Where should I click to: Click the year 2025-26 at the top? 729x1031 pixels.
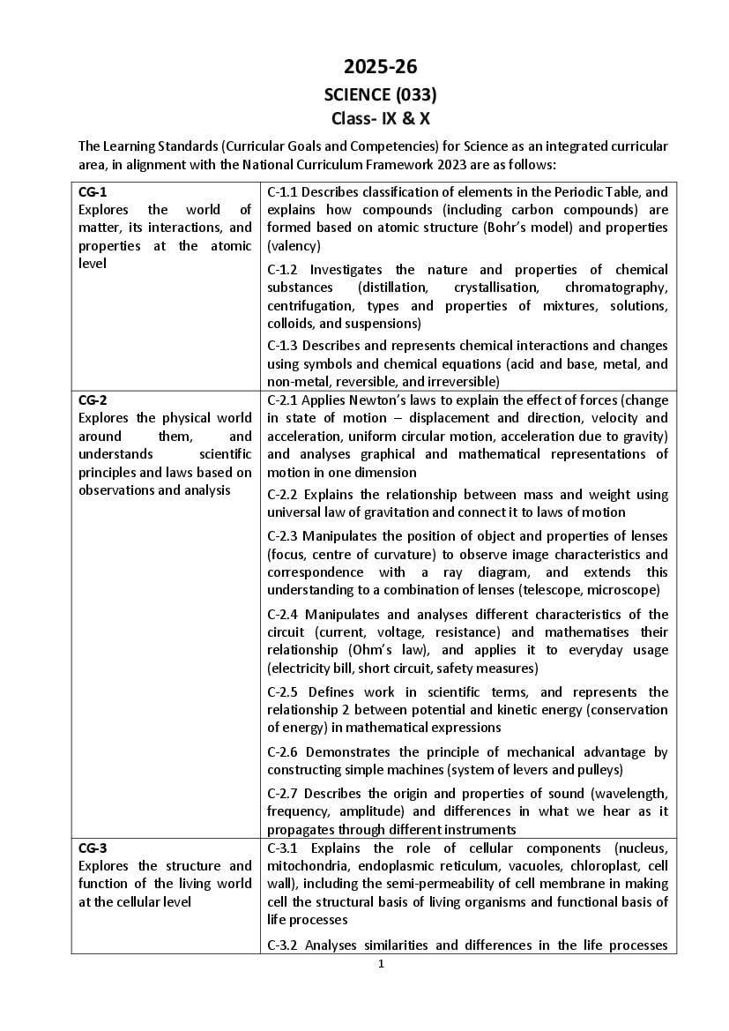380,67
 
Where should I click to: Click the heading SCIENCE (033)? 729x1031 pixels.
380,93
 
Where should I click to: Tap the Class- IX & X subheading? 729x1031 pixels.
380,118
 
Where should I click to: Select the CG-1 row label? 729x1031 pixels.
93,191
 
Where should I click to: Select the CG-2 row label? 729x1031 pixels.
93,400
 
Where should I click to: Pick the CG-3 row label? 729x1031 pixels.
93,848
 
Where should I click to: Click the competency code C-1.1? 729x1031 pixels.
283,191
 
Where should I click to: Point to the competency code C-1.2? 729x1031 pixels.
283,269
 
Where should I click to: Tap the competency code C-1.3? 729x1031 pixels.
283,346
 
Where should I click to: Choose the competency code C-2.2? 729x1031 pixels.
283,494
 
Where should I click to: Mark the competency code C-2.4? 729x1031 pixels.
283,614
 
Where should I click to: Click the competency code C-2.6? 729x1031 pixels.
283,751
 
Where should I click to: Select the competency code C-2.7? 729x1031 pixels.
283,793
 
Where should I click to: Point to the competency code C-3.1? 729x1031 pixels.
283,848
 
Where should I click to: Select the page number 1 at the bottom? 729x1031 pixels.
381,964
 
